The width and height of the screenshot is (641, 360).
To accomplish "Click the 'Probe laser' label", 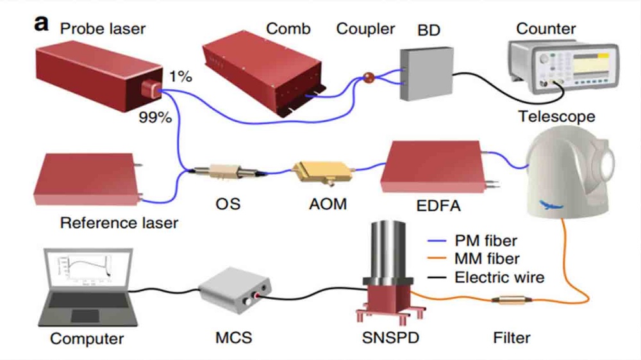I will click(103, 28).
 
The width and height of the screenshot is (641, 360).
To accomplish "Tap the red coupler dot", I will click(369, 78).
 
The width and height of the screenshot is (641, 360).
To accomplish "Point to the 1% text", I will click(181, 77).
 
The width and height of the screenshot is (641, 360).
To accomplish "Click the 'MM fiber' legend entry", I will click(487, 259).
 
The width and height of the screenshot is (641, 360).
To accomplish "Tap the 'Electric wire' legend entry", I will click(499, 277).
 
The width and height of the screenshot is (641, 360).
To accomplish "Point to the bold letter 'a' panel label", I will click(42, 24).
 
